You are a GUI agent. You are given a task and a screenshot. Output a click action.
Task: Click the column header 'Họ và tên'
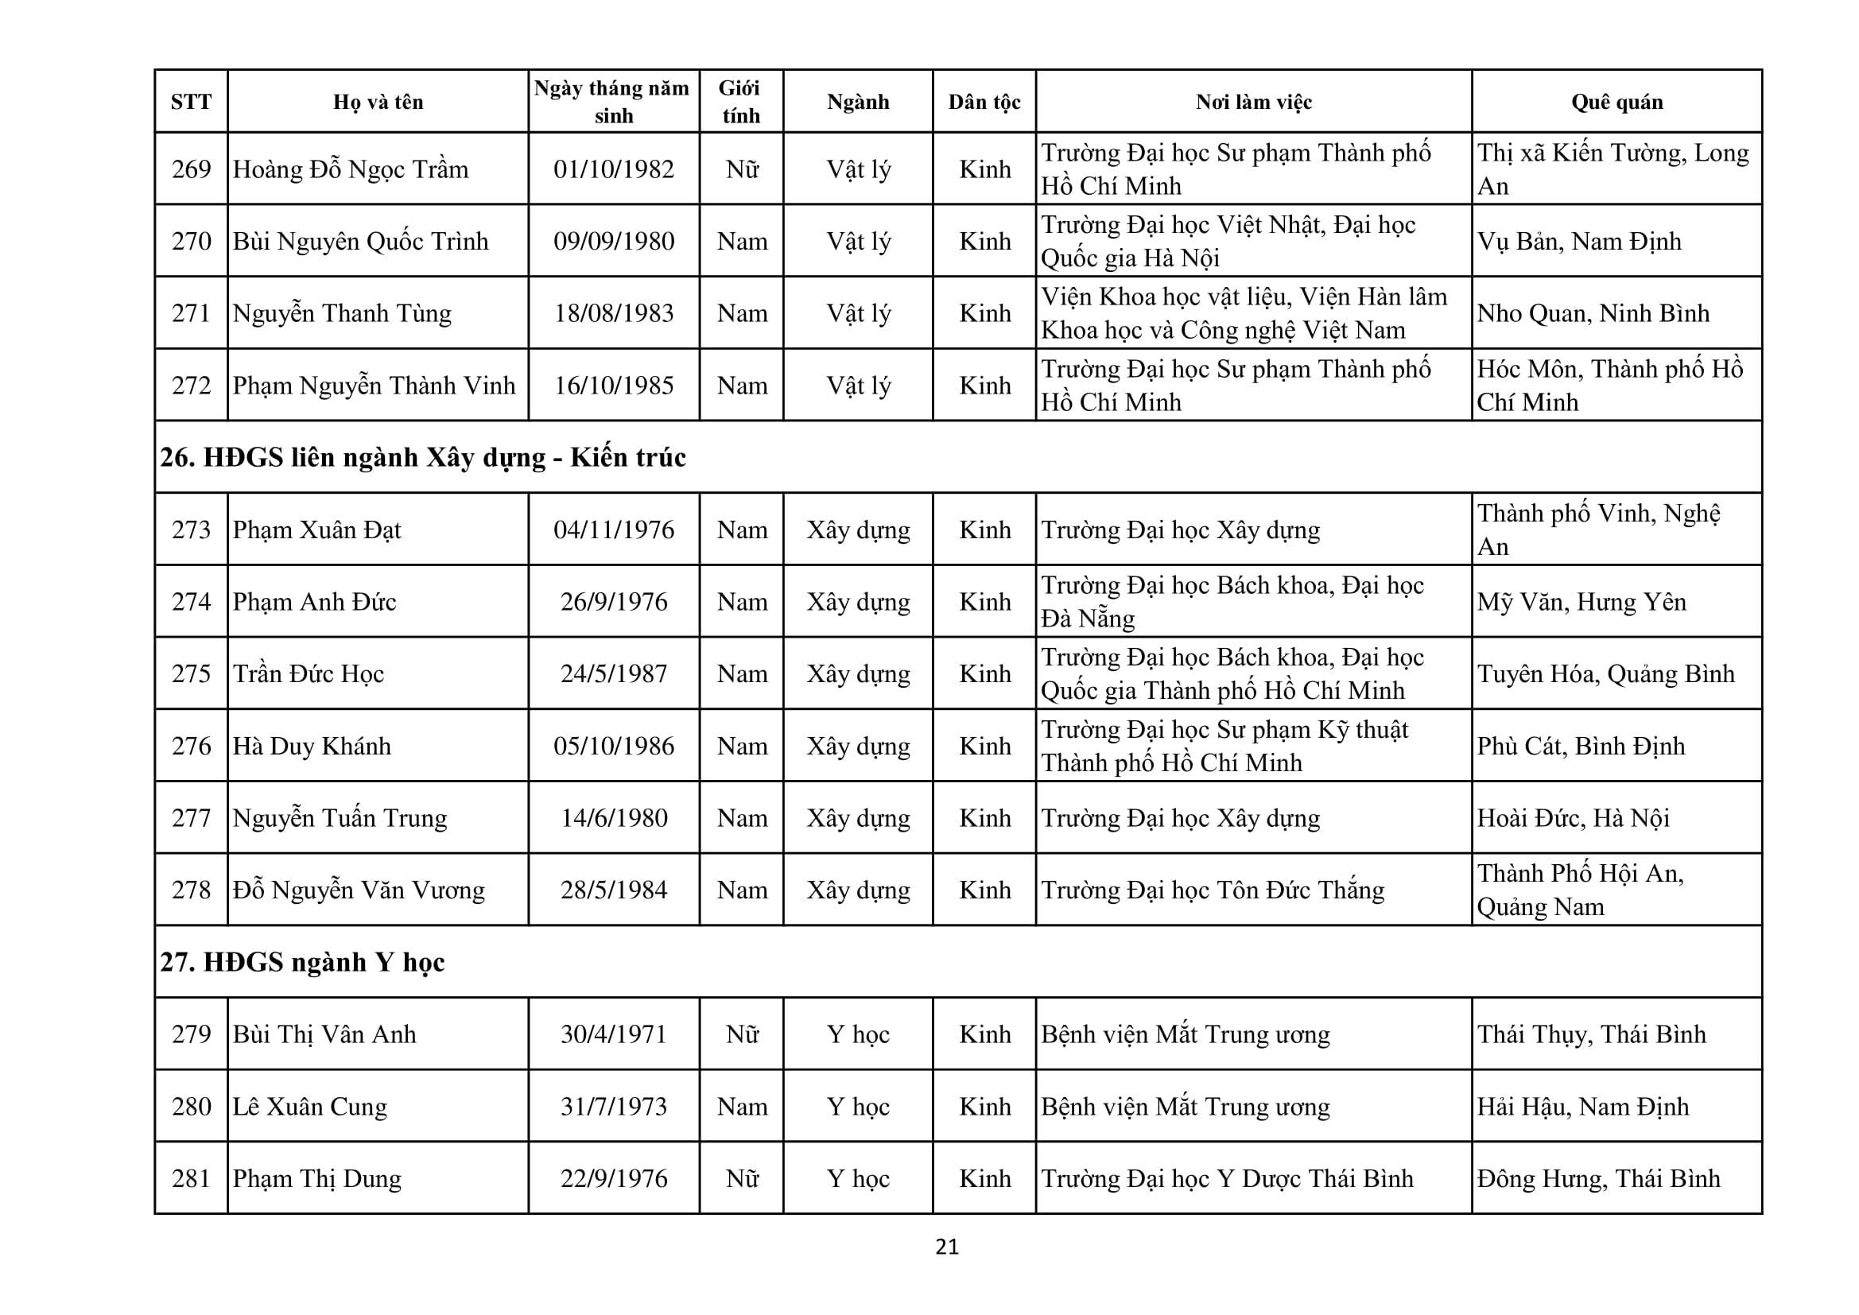click(378, 102)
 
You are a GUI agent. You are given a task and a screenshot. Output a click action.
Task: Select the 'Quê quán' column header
click(1616, 102)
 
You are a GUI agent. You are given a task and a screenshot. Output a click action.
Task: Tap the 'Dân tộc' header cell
click(984, 102)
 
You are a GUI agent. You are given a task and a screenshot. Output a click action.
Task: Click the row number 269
click(191, 169)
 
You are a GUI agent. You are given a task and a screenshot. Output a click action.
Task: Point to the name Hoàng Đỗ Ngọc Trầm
click(351, 169)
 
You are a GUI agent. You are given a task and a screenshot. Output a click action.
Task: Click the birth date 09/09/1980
click(614, 242)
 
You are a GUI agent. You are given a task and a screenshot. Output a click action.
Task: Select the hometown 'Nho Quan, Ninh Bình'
click(1593, 313)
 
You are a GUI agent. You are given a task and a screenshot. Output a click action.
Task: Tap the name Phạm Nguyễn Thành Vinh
click(374, 386)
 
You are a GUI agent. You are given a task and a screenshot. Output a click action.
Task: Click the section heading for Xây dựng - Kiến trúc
click(423, 457)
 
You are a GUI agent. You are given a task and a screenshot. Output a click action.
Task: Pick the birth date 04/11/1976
click(614, 529)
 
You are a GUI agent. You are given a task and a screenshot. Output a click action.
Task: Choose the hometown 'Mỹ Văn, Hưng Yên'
click(1582, 602)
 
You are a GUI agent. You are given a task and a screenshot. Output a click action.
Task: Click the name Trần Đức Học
click(309, 673)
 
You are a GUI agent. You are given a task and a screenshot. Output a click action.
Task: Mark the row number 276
click(191, 746)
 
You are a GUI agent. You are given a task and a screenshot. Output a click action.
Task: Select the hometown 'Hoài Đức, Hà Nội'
click(1574, 818)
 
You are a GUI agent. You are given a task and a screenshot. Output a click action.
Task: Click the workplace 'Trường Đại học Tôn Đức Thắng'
click(1212, 890)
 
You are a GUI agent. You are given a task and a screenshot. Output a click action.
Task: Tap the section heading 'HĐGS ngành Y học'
click(303, 962)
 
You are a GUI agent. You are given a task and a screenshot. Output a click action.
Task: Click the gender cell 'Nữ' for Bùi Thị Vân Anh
click(742, 1034)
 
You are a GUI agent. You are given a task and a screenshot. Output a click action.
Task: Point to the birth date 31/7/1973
click(614, 1106)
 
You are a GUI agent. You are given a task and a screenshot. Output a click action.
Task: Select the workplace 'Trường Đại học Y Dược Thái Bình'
click(1227, 1178)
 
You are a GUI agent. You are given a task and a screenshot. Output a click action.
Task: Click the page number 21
click(946, 1247)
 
